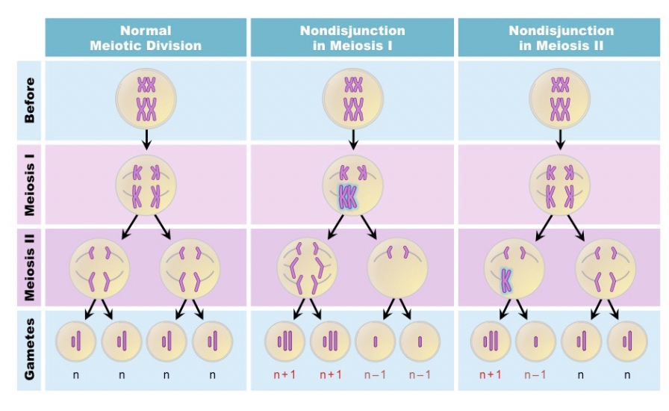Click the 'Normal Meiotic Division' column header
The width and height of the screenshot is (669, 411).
[x=146, y=38]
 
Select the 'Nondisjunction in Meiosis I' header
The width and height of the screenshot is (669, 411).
[x=352, y=38]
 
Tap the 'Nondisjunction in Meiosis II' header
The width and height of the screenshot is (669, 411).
[x=561, y=38]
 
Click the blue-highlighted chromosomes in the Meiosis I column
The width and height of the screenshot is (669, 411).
[x=348, y=197]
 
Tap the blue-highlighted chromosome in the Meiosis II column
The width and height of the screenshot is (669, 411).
[x=506, y=279]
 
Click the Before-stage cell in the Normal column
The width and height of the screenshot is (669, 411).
[x=146, y=98]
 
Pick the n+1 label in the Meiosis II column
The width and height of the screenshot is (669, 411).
[x=491, y=374]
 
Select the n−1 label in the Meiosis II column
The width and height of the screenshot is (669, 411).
[x=535, y=374]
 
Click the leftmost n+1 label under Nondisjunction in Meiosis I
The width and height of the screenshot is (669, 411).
[x=284, y=374]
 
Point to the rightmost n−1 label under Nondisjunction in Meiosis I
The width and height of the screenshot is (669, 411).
[x=420, y=374]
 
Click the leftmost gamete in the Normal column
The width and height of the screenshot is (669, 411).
[x=76, y=342]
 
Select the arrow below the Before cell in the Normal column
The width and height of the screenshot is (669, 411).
[x=146, y=139]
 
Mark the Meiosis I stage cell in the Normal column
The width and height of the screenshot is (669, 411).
[x=146, y=185]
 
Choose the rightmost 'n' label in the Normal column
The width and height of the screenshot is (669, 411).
[x=213, y=374]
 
